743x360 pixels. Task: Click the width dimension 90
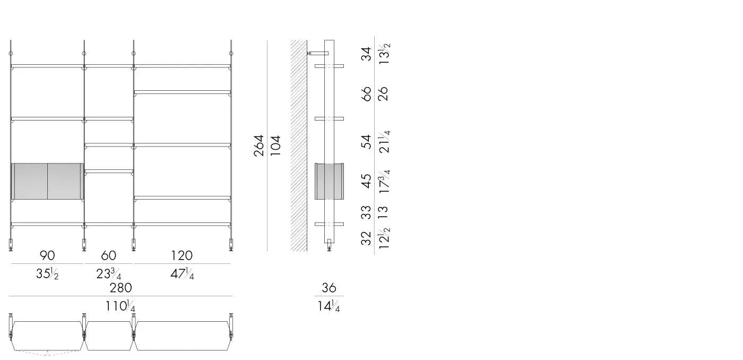tap(47, 255)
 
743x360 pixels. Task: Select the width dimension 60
tap(108, 255)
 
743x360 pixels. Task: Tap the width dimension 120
tap(182, 255)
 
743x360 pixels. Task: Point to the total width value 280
tap(120, 287)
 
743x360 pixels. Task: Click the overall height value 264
tap(259, 145)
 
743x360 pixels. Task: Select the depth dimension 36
tap(329, 288)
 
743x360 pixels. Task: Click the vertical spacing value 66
tap(366, 94)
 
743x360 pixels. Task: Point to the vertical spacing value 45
tap(366, 181)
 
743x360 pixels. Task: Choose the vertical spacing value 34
tap(366, 54)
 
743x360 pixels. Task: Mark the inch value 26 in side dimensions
tap(383, 94)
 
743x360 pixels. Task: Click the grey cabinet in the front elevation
tap(47, 181)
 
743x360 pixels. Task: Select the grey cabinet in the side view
tap(329, 181)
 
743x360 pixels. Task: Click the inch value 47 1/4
tap(182, 274)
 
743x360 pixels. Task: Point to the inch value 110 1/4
tap(120, 306)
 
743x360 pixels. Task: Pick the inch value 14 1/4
tap(329, 306)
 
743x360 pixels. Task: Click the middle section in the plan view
tap(109, 336)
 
